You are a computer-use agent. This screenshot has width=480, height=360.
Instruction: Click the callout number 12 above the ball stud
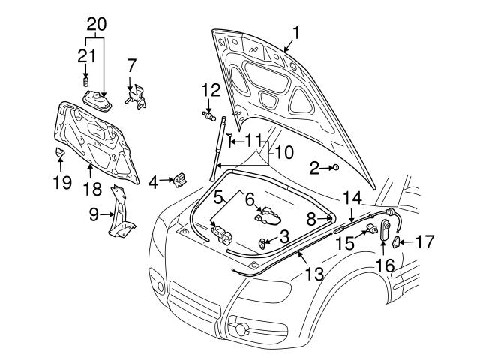coord(210,91)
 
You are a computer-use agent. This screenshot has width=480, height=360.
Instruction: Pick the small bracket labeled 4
coord(180,181)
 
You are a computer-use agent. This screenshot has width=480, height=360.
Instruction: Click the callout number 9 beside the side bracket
coord(94,215)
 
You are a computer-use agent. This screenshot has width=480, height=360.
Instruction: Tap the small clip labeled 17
coord(398,241)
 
